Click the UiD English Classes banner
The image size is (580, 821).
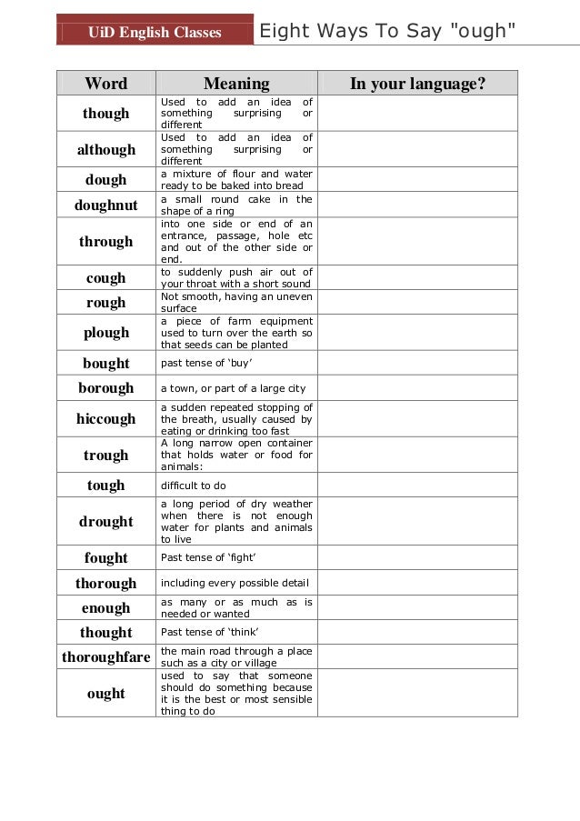(155, 33)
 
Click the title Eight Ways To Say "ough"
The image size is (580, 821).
(387, 32)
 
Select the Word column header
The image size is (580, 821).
(106, 84)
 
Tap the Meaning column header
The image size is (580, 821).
(236, 84)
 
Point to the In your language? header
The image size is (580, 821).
(417, 84)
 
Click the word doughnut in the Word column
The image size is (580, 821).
(106, 205)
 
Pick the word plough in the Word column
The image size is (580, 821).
(106, 333)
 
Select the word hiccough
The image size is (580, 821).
(106, 419)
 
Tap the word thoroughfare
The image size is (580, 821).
(106, 656)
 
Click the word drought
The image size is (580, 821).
(106, 522)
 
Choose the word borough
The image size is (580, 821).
(106, 388)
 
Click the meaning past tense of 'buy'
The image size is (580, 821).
(206, 364)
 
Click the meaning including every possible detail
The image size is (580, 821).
(235, 583)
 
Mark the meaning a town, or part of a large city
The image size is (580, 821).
(233, 388)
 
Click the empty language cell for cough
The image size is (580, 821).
(417, 278)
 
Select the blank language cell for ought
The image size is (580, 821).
(417, 694)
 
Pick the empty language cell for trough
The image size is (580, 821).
(417, 456)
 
